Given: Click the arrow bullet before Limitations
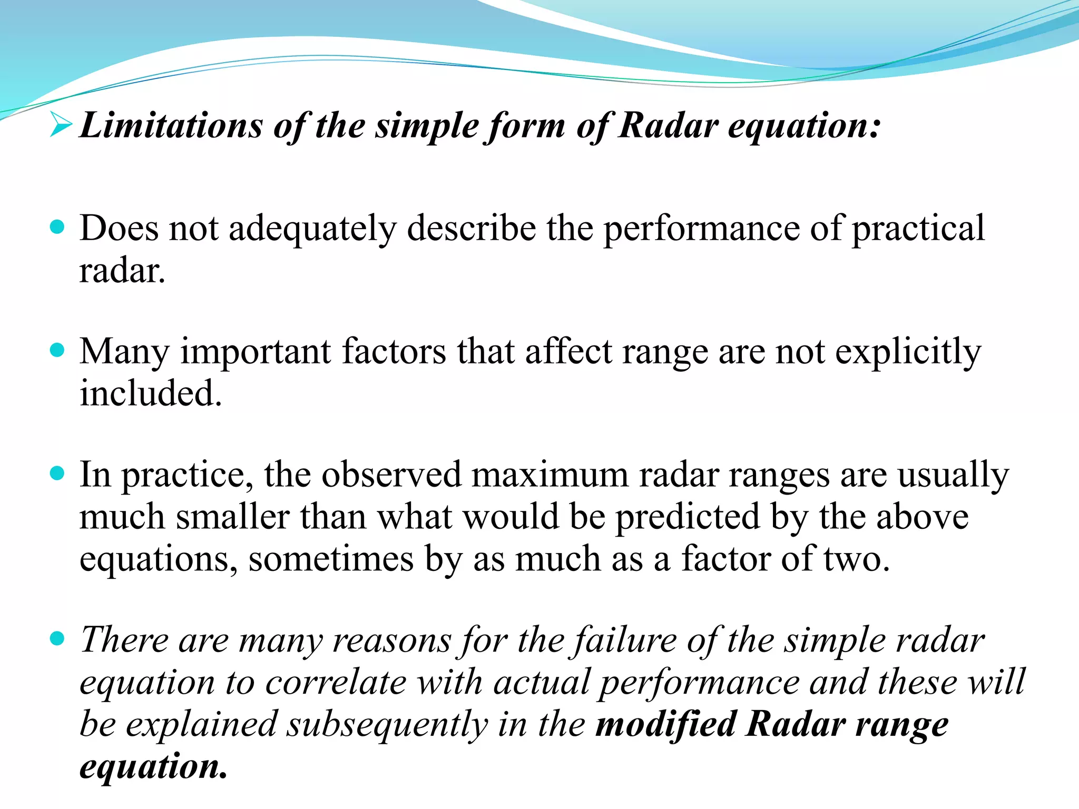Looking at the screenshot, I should [61, 125].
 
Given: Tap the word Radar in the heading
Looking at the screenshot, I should [668, 126].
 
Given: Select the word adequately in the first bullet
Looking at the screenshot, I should [312, 230].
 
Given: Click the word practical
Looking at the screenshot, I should [918, 230].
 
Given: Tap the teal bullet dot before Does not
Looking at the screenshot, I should [57, 227].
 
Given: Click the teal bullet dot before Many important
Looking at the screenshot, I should [57, 350].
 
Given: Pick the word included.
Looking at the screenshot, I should [151, 394].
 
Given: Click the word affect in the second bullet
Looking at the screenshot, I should [568, 352].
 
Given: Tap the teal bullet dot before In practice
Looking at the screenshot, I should [57, 473].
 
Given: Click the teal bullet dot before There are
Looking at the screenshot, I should [57, 638].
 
